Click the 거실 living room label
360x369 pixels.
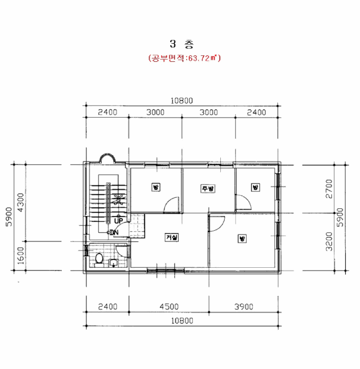pyautogui.click(x=172, y=237)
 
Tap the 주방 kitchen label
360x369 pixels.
pyautogui.click(x=208, y=189)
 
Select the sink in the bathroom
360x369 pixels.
pyautogui.click(x=114, y=263)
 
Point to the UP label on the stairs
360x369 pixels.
pyautogui.click(x=119, y=221)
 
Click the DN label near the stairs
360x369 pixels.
pyautogui.click(x=114, y=232)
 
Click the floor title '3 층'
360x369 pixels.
pyautogui.click(x=182, y=44)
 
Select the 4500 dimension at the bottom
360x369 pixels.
pyautogui.click(x=169, y=306)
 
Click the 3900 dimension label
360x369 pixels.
pyautogui.click(x=244, y=306)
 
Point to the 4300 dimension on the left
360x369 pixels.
pyautogui.click(x=21, y=202)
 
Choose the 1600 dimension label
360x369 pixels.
pyautogui.click(x=21, y=256)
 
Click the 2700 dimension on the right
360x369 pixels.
pyautogui.click(x=329, y=189)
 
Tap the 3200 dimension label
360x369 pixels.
pyautogui.click(x=329, y=241)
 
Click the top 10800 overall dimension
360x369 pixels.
pyautogui.click(x=182, y=101)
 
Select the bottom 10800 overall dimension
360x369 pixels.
pyautogui.click(x=182, y=321)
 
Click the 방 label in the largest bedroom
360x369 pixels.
pyautogui.click(x=242, y=239)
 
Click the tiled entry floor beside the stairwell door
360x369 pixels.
pyautogui.click(x=137, y=226)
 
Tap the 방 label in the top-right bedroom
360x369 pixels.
pyautogui.click(x=255, y=188)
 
